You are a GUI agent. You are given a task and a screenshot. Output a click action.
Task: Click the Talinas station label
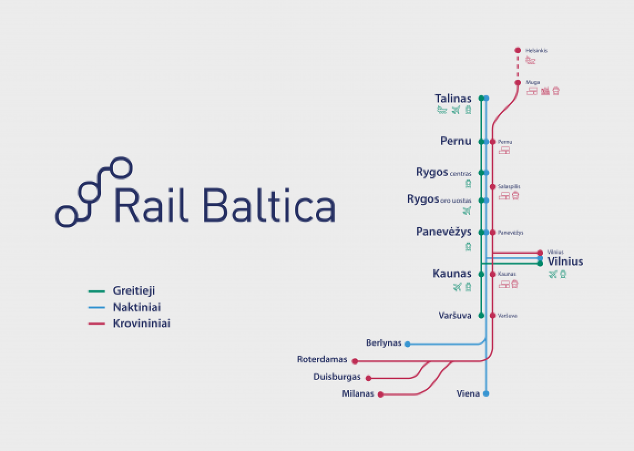click(453, 99)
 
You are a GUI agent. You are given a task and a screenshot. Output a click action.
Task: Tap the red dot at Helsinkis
click(518, 50)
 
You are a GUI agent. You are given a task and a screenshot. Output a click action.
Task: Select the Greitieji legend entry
click(134, 290)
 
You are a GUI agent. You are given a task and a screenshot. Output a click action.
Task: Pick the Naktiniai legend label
click(136, 307)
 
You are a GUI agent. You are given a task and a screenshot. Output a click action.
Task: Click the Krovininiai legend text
click(141, 324)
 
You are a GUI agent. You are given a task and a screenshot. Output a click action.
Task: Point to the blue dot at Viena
click(486, 393)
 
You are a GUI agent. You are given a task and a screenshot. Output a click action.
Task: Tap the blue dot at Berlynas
click(407, 344)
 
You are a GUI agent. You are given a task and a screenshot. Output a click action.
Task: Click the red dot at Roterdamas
click(355, 361)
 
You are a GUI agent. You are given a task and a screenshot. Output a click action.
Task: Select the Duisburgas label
click(336, 377)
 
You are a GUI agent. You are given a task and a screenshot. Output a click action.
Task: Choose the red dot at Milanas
click(380, 394)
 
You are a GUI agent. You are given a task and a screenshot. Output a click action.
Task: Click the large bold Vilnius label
click(565, 262)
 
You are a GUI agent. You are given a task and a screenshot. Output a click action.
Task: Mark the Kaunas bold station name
click(452, 274)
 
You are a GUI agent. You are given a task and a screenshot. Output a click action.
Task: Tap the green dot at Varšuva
click(481, 316)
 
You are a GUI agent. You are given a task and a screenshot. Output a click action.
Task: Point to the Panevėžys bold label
click(443, 232)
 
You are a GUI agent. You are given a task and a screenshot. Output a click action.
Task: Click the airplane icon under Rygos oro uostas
click(467, 211)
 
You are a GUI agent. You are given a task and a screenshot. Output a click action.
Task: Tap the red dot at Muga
click(518, 83)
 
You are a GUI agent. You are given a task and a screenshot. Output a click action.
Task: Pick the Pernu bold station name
click(456, 141)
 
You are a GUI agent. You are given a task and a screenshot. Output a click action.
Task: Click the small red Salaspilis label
click(509, 187)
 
